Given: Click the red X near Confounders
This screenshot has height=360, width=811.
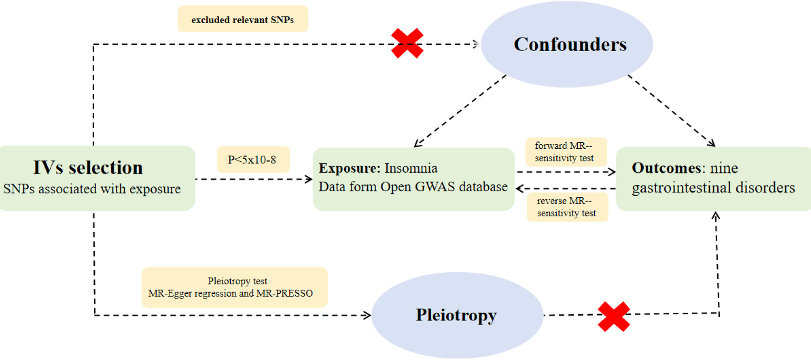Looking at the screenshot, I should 407,43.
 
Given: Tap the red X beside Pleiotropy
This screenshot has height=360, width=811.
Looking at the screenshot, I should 614,316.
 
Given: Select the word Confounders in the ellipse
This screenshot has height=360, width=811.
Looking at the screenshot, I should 570,44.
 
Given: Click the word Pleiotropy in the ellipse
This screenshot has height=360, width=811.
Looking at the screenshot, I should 456,315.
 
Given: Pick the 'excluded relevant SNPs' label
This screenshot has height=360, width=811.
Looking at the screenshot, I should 242,19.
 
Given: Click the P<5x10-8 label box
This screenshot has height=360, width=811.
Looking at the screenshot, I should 252,160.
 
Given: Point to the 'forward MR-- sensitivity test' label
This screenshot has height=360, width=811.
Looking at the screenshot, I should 565,152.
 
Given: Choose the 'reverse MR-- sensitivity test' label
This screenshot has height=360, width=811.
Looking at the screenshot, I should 566,207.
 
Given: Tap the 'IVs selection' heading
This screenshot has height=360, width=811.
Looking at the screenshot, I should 88,168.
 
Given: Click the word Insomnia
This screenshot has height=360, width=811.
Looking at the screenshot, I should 411,168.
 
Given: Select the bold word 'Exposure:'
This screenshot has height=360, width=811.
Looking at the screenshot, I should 349,168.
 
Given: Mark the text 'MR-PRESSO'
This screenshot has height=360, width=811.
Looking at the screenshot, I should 284,293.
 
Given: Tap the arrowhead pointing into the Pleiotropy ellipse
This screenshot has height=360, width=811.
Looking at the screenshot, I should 367,315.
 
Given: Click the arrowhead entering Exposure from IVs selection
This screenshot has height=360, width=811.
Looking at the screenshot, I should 308,179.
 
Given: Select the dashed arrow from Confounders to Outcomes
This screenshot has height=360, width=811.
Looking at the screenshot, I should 672,111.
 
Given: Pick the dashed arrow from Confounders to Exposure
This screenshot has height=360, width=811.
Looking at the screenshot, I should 460,111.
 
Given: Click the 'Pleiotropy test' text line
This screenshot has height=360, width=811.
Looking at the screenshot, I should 237,281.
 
